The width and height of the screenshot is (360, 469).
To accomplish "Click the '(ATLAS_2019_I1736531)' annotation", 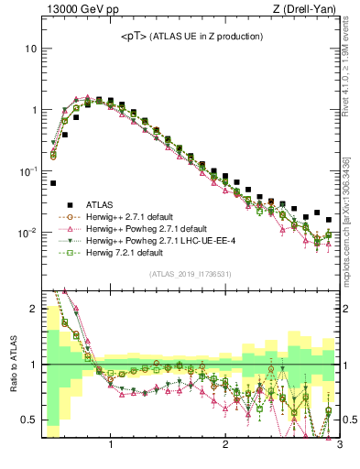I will [189, 274].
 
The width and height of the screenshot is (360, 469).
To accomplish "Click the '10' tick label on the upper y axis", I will [30, 48].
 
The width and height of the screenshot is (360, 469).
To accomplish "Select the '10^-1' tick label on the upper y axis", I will [27, 171].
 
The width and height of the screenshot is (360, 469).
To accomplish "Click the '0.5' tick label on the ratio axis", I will [27, 420].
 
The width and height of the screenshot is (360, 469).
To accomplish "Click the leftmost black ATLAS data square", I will [53, 183].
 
